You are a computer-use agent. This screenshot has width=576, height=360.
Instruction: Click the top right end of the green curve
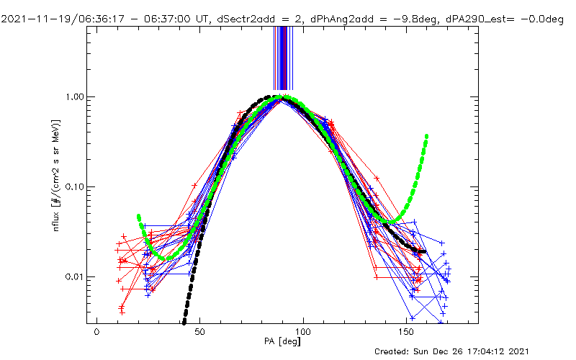pyautogui.click(x=427, y=135)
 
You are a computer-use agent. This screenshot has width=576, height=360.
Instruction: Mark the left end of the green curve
pyautogui.click(x=138, y=215)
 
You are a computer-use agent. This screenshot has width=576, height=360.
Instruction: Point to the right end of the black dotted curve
pyautogui.click(x=424, y=252)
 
